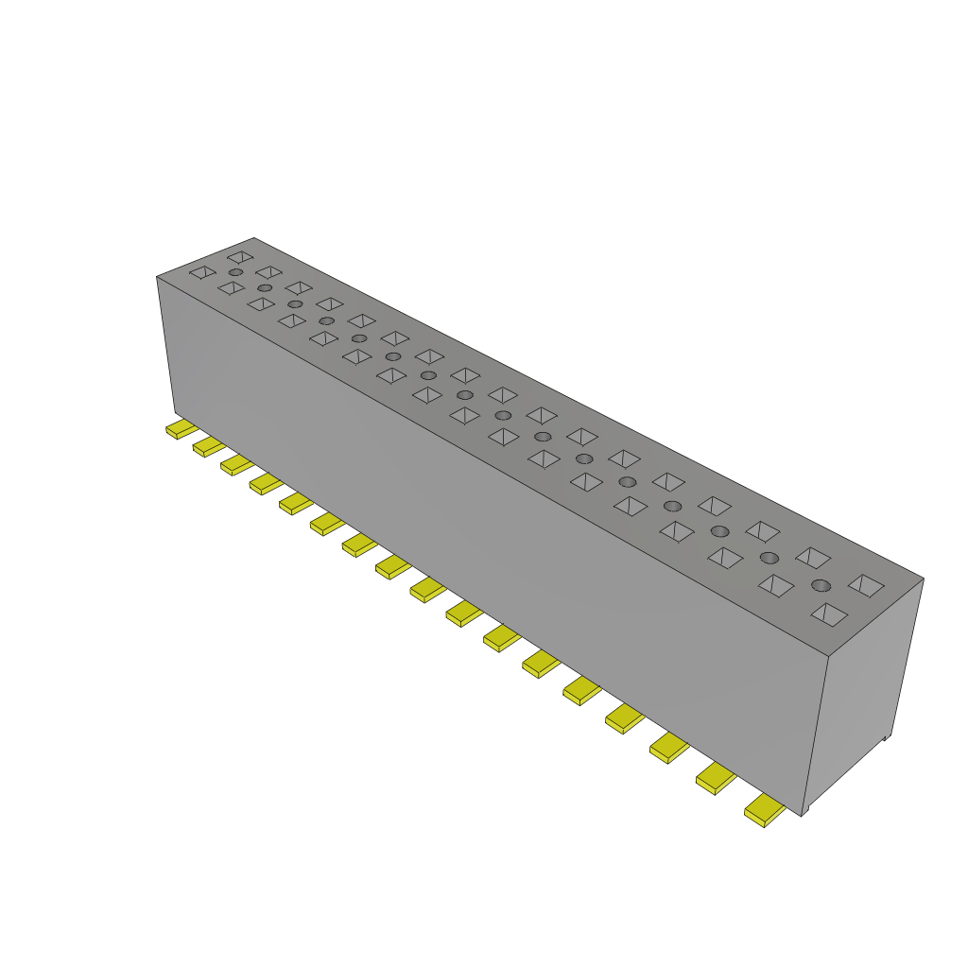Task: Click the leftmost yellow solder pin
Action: [181, 429]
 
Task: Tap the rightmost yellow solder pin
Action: [765, 811]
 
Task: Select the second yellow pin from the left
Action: [208, 446]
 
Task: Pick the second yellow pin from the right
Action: [716, 779]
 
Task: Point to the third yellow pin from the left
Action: [236, 464]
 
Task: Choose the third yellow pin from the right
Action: [669, 749]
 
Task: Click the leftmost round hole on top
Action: [235, 272]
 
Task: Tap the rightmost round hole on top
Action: [821, 585]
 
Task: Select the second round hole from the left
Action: [265, 287]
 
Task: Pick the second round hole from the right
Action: [769, 558]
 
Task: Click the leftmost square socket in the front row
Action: [202, 272]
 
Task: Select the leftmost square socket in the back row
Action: [240, 256]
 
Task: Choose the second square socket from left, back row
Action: [269, 272]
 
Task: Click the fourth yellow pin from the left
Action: [266, 483]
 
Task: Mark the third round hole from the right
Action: [720, 531]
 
